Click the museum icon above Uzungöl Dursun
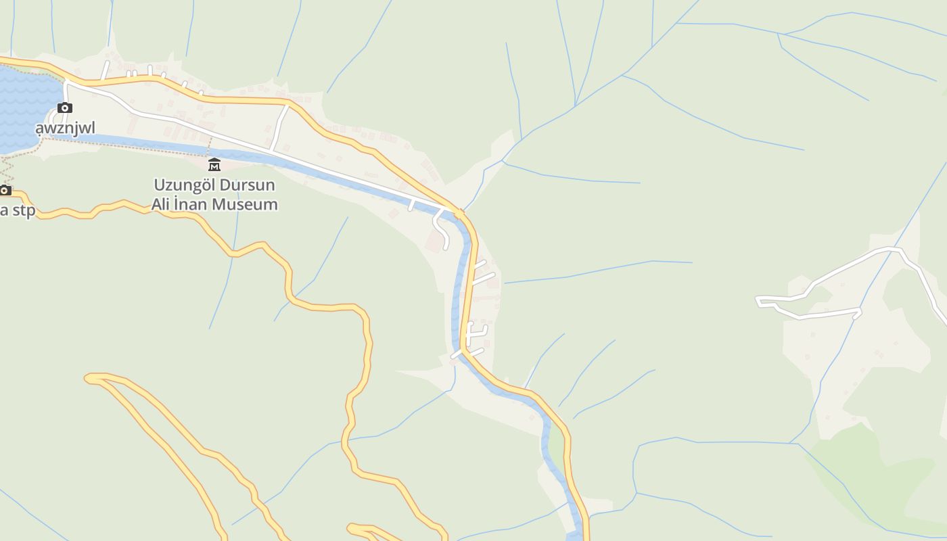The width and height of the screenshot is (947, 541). click(214, 164)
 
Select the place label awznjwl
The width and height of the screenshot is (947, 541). click(65, 128)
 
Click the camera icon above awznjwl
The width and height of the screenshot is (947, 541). click(65, 108)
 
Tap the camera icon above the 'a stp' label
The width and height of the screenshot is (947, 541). click(5, 190)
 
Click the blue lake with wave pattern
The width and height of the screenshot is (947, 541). click(24, 101)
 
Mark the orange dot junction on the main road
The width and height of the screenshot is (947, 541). click(459, 214)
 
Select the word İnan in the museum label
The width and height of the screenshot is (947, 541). click(191, 204)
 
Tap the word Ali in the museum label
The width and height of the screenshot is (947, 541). click(163, 204)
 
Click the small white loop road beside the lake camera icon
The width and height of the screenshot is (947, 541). click(54, 118)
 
